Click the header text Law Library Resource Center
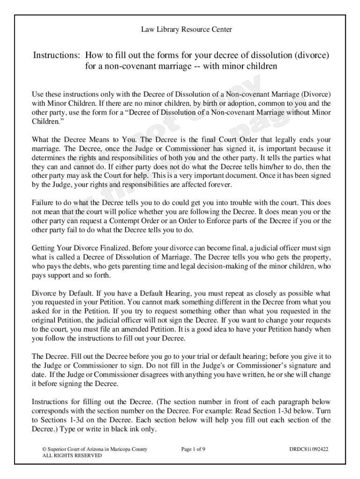click(187, 30)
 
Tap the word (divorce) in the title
click(312, 55)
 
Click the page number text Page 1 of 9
click(193, 450)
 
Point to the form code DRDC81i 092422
click(309, 450)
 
